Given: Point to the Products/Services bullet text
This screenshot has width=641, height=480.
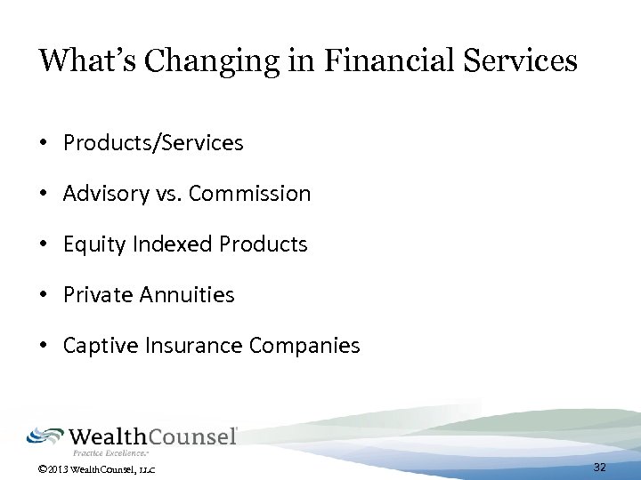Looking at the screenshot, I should [x=153, y=143].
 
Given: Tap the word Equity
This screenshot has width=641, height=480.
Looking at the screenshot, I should [x=88, y=244].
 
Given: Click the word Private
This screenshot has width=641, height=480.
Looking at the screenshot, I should [x=93, y=295].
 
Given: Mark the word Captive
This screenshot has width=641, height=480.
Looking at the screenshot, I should [x=95, y=346].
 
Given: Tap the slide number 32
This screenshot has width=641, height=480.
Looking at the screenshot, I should [x=599, y=468].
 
